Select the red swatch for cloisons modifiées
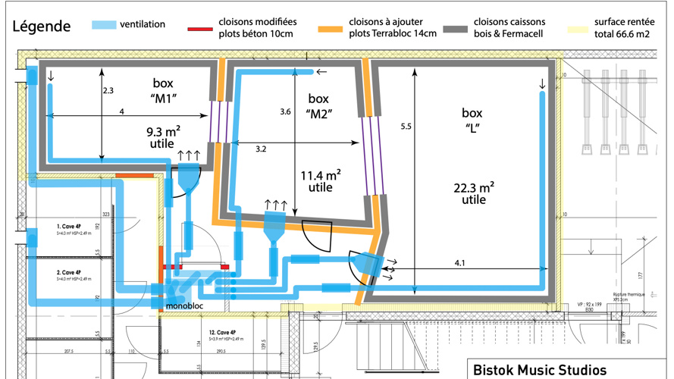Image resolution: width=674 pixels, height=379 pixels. click(x=200, y=30)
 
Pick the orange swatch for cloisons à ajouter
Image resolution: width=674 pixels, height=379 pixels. click(x=331, y=30)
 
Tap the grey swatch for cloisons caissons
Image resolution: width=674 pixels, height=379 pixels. click(x=454, y=30)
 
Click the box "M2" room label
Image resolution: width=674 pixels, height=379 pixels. click(x=320, y=106)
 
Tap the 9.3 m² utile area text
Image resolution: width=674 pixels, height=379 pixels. click(x=163, y=136)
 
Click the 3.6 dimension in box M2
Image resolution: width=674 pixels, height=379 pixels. click(x=285, y=111)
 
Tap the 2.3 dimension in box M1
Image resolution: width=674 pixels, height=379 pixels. click(x=108, y=90)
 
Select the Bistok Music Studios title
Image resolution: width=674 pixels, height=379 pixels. click(x=539, y=370)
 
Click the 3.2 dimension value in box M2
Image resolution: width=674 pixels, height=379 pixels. click(x=261, y=149)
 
